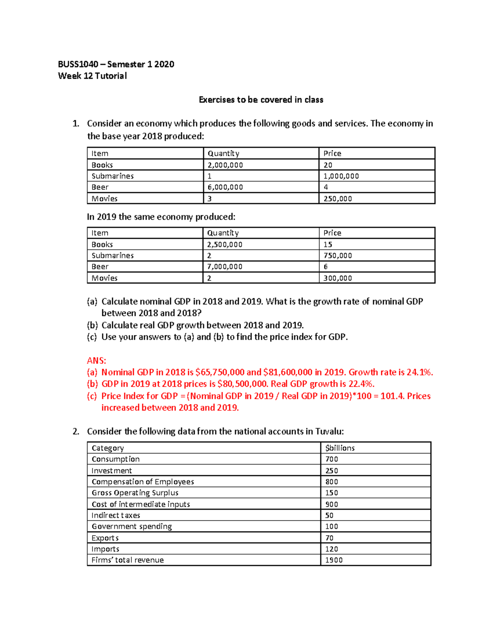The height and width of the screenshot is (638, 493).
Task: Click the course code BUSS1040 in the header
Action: (x=78, y=64)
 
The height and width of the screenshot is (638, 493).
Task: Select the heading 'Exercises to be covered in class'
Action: (x=261, y=100)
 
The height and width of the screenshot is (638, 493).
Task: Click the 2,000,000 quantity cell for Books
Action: (x=225, y=165)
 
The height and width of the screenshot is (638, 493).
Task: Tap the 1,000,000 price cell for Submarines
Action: (x=341, y=176)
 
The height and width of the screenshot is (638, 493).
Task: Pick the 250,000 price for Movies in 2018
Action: (x=337, y=198)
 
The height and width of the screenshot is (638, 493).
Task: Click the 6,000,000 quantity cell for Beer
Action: (x=225, y=187)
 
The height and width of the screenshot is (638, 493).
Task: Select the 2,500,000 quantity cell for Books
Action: (x=225, y=244)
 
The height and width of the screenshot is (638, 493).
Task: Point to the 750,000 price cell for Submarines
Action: (x=337, y=256)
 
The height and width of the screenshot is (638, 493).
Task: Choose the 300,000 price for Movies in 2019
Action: (x=337, y=278)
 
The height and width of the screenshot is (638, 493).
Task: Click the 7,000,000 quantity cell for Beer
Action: (x=225, y=267)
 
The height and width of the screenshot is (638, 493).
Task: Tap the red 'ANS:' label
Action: (x=97, y=361)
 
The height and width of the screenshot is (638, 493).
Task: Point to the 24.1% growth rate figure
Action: (x=419, y=372)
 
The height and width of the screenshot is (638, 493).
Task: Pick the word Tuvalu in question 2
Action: (x=329, y=431)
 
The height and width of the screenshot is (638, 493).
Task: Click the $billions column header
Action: (x=340, y=448)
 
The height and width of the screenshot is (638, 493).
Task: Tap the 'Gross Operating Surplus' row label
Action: (x=135, y=493)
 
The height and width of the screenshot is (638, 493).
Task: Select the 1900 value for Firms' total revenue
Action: (x=334, y=560)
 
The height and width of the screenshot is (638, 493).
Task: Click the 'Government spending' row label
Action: (x=131, y=526)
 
